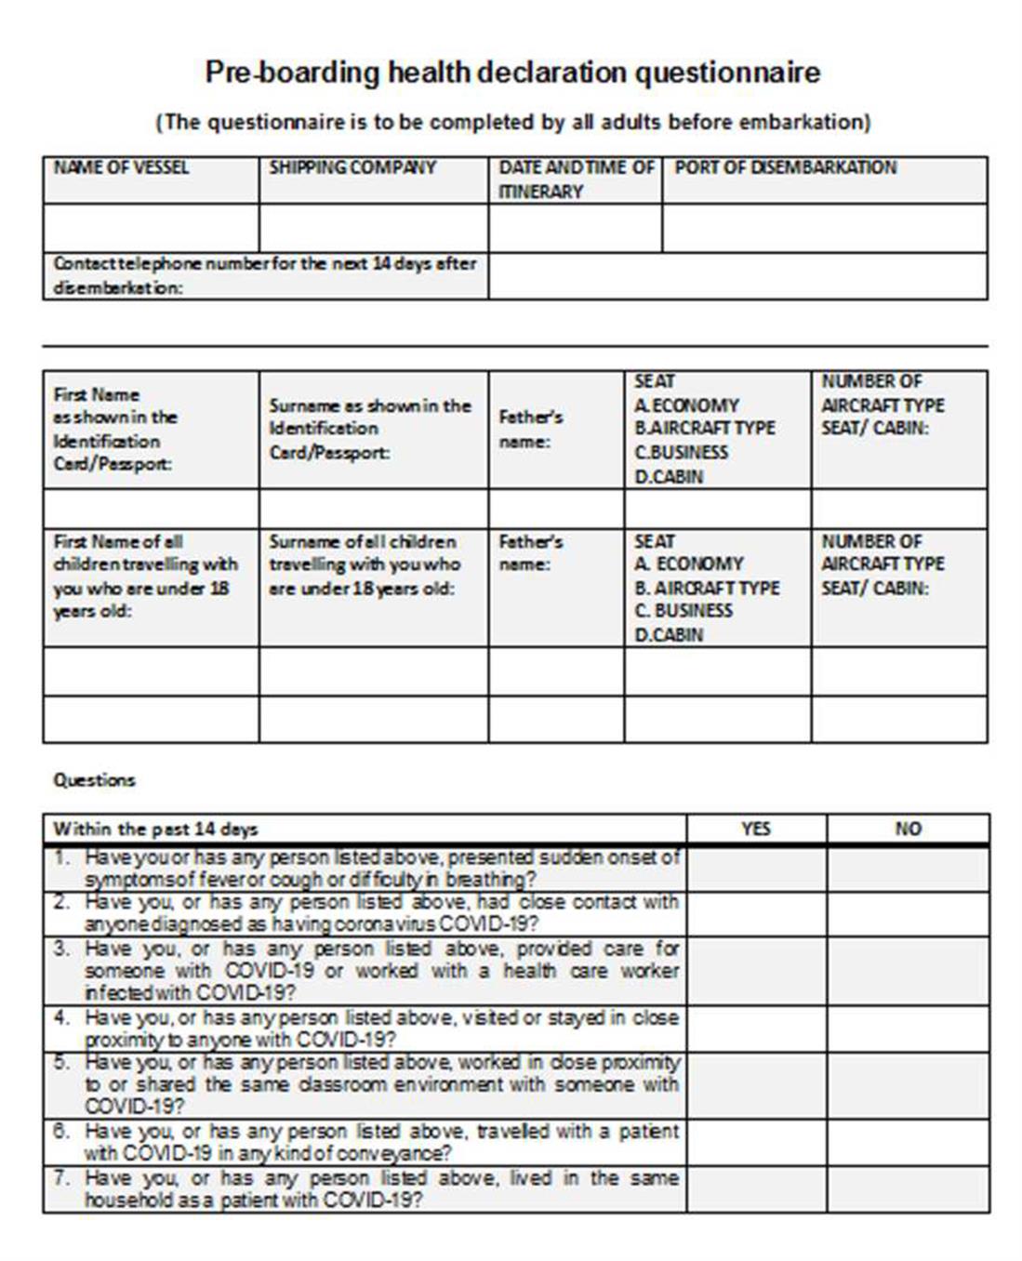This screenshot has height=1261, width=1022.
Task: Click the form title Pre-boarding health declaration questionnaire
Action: tap(512, 73)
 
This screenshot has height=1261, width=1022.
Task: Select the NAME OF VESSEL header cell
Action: tap(121, 168)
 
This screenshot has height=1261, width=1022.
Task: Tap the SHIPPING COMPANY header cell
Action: tap(352, 168)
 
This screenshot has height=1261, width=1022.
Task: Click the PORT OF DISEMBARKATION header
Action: tap(785, 168)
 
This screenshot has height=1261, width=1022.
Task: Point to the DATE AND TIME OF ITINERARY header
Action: tap(576, 179)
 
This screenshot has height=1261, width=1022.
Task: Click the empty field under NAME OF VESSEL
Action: tap(151, 228)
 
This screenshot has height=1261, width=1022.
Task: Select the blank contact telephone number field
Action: tap(737, 276)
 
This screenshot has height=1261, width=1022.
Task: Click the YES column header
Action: tap(756, 829)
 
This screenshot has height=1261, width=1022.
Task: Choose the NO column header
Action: tap(908, 829)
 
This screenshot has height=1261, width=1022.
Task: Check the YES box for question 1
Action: tap(756, 869)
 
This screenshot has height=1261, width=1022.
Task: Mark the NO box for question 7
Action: tap(908, 1189)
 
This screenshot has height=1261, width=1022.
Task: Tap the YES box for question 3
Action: tap(756, 971)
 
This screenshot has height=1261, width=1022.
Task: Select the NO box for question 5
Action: tap(908, 1084)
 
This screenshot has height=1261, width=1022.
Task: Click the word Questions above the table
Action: tap(94, 780)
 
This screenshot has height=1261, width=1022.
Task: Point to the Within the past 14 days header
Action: tap(155, 829)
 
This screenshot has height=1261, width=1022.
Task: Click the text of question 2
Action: tap(381, 913)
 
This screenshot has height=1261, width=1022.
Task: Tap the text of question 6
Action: tap(381, 1142)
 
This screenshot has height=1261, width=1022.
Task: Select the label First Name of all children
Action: tap(118, 541)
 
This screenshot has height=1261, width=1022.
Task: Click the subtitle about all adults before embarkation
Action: tap(512, 122)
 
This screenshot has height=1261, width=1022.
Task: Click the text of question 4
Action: tap(381, 1029)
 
